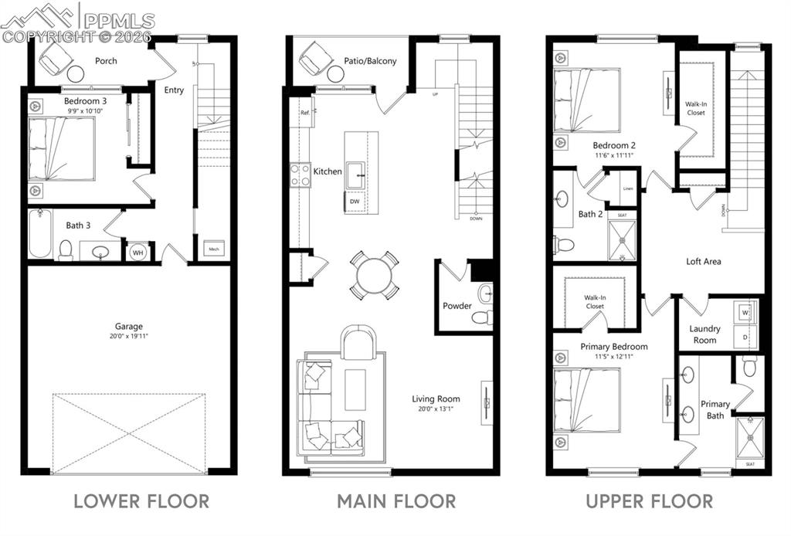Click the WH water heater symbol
(x=137, y=252)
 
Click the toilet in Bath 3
(x=66, y=249)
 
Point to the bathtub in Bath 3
(x=39, y=233)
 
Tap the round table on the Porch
(x=76, y=74)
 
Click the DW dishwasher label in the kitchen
(x=355, y=202)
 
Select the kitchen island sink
(x=356, y=173)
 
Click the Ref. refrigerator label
(x=305, y=113)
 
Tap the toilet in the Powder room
(x=483, y=316)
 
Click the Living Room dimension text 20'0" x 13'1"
(x=436, y=409)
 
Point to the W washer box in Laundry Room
(x=745, y=313)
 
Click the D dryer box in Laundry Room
(x=745, y=338)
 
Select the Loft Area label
(x=704, y=262)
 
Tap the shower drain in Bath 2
(x=622, y=239)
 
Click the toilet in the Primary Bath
(x=749, y=367)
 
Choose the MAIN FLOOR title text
(x=396, y=501)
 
